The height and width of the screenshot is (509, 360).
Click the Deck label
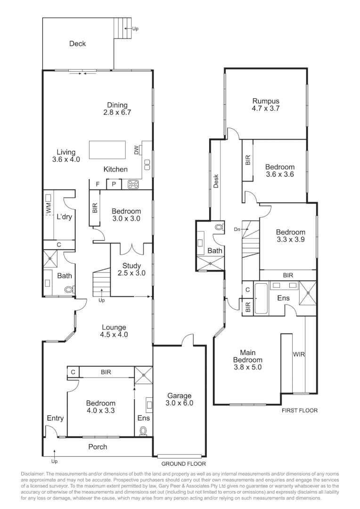[x=78, y=44]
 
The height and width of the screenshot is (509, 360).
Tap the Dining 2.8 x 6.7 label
[x=117, y=109]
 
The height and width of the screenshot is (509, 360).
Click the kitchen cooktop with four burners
[x=133, y=184]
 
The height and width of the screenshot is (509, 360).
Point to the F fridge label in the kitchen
[x=98, y=184]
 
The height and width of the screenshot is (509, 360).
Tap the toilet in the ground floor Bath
[x=69, y=290]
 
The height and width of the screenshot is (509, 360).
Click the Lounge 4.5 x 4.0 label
[x=114, y=331]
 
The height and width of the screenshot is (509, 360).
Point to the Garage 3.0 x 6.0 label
[x=179, y=399]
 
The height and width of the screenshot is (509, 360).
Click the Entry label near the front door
[x=55, y=418]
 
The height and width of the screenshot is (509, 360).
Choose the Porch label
[x=98, y=446]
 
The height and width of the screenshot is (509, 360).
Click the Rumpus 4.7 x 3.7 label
[x=266, y=105]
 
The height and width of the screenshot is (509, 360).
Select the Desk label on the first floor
[x=216, y=181]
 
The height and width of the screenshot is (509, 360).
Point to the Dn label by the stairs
[x=237, y=229]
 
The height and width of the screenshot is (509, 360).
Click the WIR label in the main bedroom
[x=299, y=353]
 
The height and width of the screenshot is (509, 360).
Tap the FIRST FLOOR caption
[x=300, y=410]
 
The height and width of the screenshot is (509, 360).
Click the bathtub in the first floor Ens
[x=261, y=299]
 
